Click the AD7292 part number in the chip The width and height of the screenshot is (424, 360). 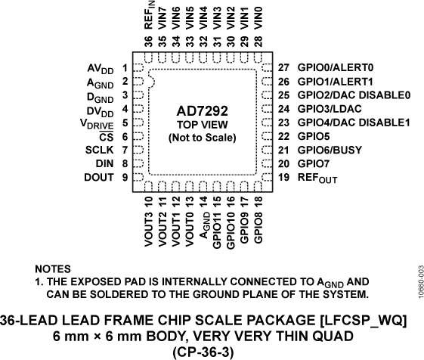click(x=202, y=110)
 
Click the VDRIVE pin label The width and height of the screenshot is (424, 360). click(x=96, y=123)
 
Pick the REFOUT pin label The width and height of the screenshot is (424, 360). click(x=317, y=178)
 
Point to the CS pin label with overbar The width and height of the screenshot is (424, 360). click(x=106, y=137)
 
